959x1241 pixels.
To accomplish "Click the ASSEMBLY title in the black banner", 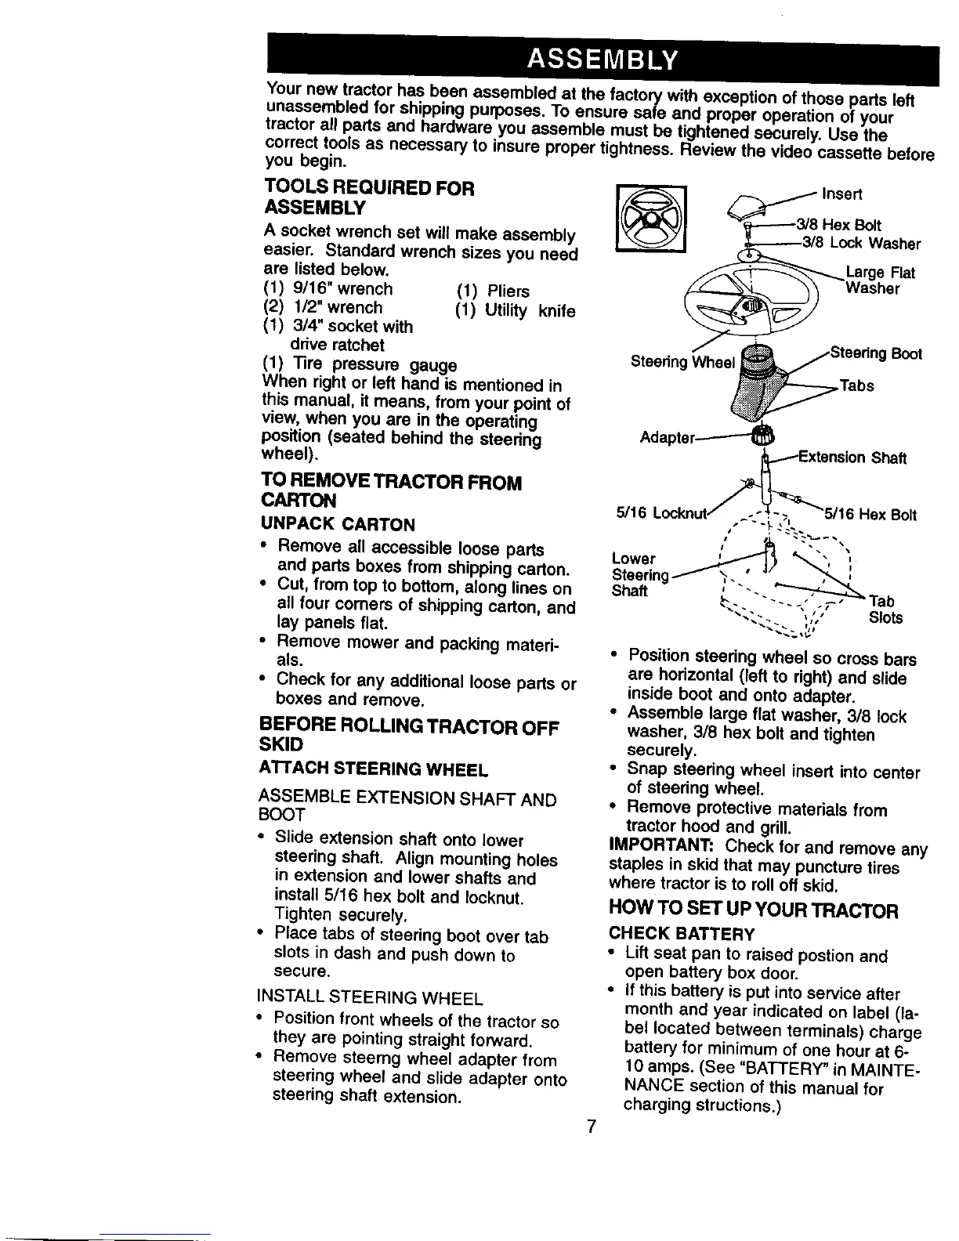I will pyautogui.click(x=603, y=58).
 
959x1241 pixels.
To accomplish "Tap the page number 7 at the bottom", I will pyautogui.click(x=592, y=1127).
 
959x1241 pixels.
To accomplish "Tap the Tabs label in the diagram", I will pyautogui.click(x=856, y=385).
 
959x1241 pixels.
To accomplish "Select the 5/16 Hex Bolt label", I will pyautogui.click(x=870, y=515).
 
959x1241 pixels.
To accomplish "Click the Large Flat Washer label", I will pyautogui.click(x=870, y=280).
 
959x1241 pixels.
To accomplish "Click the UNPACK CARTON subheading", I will pyautogui.click(x=328, y=523).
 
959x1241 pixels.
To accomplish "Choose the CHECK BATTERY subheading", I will pyautogui.click(x=682, y=934).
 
